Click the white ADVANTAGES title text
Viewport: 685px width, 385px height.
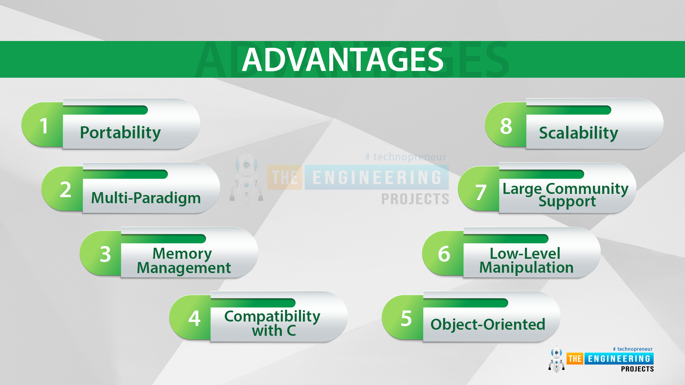tap(342, 60)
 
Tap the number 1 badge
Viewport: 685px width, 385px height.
tap(42, 125)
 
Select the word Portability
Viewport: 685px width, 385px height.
tap(120, 133)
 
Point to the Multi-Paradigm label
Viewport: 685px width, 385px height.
tap(146, 198)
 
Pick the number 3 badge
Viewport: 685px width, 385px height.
tap(101, 253)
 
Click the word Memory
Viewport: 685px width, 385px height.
tap(182, 254)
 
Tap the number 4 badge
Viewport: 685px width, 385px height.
tap(191, 318)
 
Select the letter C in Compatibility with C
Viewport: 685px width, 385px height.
tap(291, 331)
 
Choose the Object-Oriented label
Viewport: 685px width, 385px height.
tap(488, 324)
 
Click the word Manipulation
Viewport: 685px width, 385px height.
tap(526, 268)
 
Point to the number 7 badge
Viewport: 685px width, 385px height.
tap(479, 189)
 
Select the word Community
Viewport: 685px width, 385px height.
tap(587, 189)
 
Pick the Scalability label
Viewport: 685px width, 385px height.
tap(578, 133)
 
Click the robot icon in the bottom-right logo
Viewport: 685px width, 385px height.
tap(557, 359)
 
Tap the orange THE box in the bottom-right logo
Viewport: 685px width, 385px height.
tap(575, 359)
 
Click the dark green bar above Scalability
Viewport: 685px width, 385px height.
tap(569, 110)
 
